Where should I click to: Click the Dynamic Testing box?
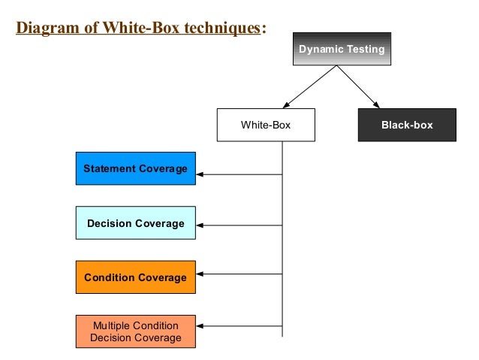[x=342, y=50]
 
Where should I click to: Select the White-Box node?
[x=265, y=125]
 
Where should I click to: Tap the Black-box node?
[x=407, y=125]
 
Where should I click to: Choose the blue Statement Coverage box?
[x=135, y=168]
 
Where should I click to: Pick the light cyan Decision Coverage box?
[x=135, y=223]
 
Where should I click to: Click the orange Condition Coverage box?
[x=135, y=277]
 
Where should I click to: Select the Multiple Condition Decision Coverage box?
[x=135, y=331]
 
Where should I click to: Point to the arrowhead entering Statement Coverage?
[x=200, y=175]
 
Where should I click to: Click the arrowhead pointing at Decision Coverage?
[x=200, y=225]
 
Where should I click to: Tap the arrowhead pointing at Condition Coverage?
[x=200, y=276]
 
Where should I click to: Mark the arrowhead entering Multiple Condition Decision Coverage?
[x=200, y=325]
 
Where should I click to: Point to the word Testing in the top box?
[x=364, y=50]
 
